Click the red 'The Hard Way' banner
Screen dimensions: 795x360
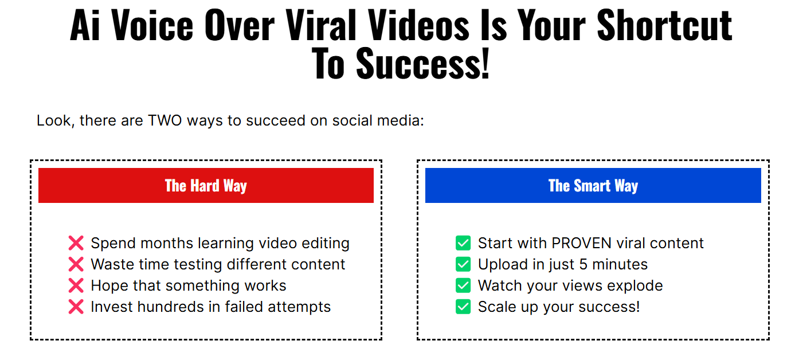[x=206, y=185]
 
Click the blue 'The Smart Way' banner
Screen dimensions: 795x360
[x=593, y=185]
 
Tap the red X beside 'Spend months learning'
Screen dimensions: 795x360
[x=76, y=243]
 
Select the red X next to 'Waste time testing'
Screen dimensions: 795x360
[x=76, y=264]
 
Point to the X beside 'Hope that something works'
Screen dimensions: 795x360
[x=76, y=285]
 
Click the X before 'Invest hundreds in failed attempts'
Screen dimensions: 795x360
[x=76, y=307]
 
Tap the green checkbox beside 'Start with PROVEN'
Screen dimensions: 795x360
[x=463, y=243]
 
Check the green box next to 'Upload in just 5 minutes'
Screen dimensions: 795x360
[x=463, y=264]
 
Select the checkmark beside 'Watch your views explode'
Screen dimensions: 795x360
[x=463, y=285]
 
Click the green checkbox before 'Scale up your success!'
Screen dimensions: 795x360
[x=463, y=307]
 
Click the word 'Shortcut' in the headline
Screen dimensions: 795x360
[x=664, y=25]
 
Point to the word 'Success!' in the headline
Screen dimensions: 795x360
[x=423, y=64]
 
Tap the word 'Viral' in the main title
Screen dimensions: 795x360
[x=321, y=25]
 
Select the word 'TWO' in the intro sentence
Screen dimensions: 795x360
[x=165, y=121]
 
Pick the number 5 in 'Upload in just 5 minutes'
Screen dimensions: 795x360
[x=583, y=264]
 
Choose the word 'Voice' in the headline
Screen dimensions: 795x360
[x=152, y=25]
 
